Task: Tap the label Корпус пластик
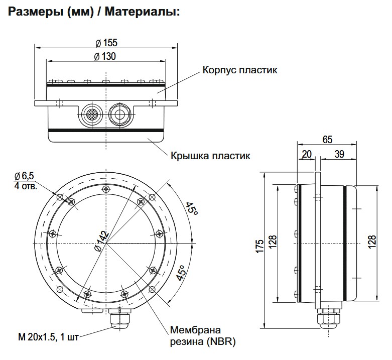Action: click(239, 70)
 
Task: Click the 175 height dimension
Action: click(259, 249)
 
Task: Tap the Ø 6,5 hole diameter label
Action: click(25, 176)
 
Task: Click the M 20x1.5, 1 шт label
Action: click(46, 335)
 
